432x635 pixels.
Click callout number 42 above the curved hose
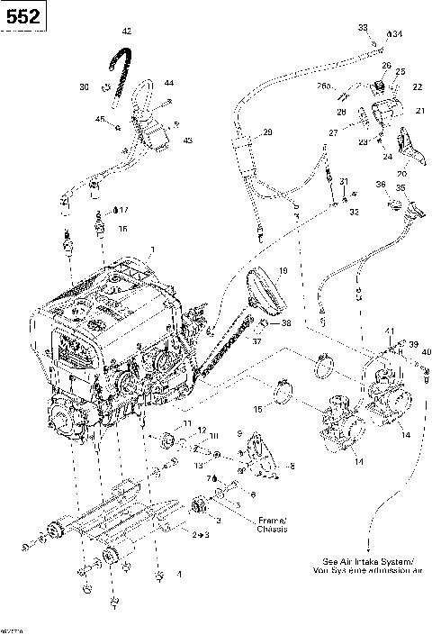pos(126,32)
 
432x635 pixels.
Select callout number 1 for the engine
pos(153,249)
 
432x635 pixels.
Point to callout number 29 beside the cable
pos(267,132)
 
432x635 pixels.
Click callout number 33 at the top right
pos(363,27)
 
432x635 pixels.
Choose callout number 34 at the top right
pos(397,33)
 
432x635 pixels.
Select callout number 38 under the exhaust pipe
pos(287,322)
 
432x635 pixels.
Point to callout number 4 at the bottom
pos(179,575)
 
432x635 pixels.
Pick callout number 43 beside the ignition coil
pos(188,141)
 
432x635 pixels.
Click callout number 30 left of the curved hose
pos(84,86)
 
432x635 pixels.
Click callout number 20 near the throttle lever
pos(402,174)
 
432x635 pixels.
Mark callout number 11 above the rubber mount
pos(187,423)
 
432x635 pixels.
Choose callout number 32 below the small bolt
pos(354,213)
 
